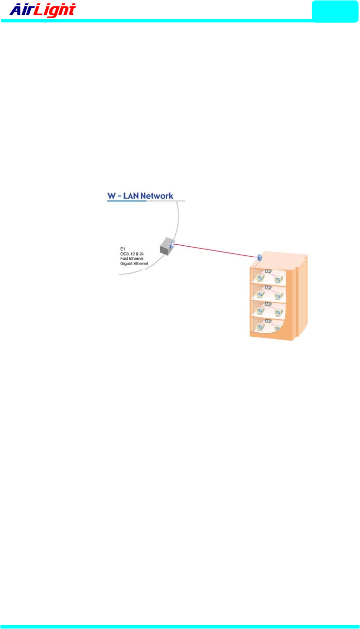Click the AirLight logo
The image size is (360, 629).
click(x=43, y=10)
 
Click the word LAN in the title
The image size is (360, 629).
click(x=130, y=197)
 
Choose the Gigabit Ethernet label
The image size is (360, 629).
click(x=130, y=264)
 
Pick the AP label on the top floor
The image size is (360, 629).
click(x=268, y=271)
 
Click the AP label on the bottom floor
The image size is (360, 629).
click(x=268, y=322)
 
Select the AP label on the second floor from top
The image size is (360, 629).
click(x=268, y=288)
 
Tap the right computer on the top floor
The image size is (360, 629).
click(x=278, y=278)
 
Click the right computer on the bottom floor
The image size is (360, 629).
click(x=278, y=328)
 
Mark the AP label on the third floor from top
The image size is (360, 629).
click(x=268, y=305)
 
